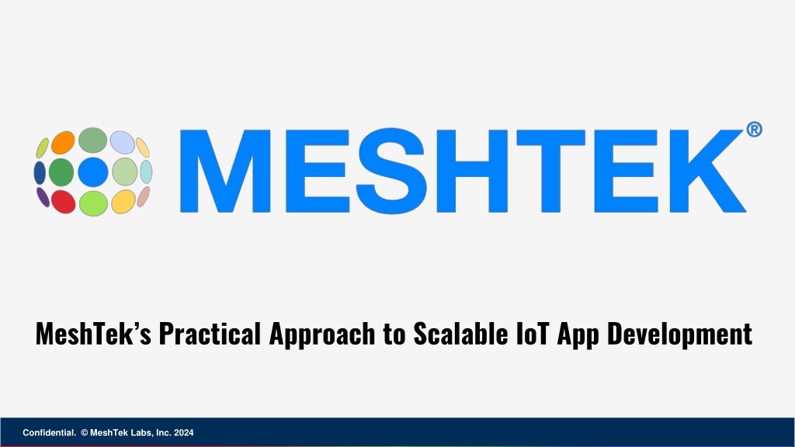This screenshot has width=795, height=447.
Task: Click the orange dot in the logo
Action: [63, 143]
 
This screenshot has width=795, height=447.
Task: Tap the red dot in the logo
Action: [64, 202]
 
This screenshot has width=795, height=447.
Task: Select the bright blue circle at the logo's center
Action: [93, 172]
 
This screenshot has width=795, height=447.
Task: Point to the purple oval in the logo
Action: [43, 197]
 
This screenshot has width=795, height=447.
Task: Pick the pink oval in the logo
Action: [144, 196]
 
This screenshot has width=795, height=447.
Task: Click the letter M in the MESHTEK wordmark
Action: [225, 171]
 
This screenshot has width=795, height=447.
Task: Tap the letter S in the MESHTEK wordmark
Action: [391, 171]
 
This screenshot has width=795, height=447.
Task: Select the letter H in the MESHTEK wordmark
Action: [471, 171]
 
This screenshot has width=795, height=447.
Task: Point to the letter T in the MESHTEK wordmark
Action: [551, 171]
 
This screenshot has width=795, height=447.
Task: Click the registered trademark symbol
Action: [754, 130]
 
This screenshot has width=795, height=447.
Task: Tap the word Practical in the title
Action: [210, 334]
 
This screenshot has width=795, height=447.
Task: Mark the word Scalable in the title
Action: [460, 334]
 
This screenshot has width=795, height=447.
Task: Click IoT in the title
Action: [533, 334]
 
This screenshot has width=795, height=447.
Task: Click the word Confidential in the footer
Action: [49, 433]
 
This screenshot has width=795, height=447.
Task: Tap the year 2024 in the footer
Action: [183, 433]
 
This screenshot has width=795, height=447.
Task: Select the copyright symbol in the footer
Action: [85, 433]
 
